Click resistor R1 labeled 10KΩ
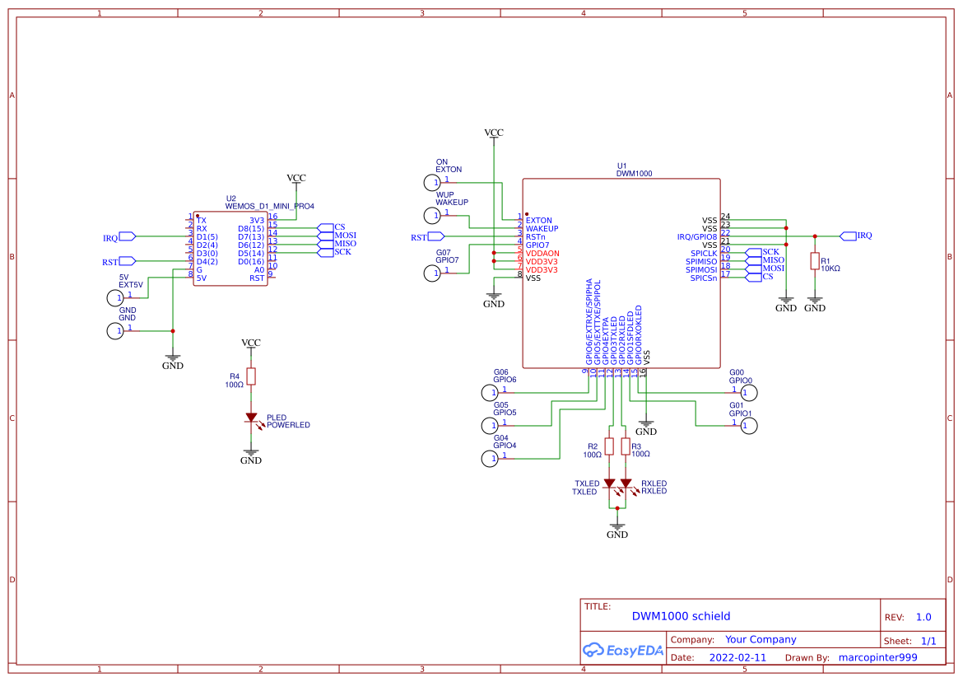tap(814, 261)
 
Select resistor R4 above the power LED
tap(251, 376)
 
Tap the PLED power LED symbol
tap(251, 418)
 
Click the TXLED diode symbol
tap(609, 483)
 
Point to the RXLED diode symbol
tap(626, 483)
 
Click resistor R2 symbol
tap(609, 446)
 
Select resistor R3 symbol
tap(626, 446)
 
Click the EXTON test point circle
tap(432, 183)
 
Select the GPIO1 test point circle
tap(747, 426)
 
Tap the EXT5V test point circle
tap(115, 297)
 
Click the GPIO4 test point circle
tap(489, 459)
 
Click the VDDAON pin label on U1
tap(542, 253)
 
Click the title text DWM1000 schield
tap(681, 616)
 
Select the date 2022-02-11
tap(737, 658)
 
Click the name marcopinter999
tap(877, 658)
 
